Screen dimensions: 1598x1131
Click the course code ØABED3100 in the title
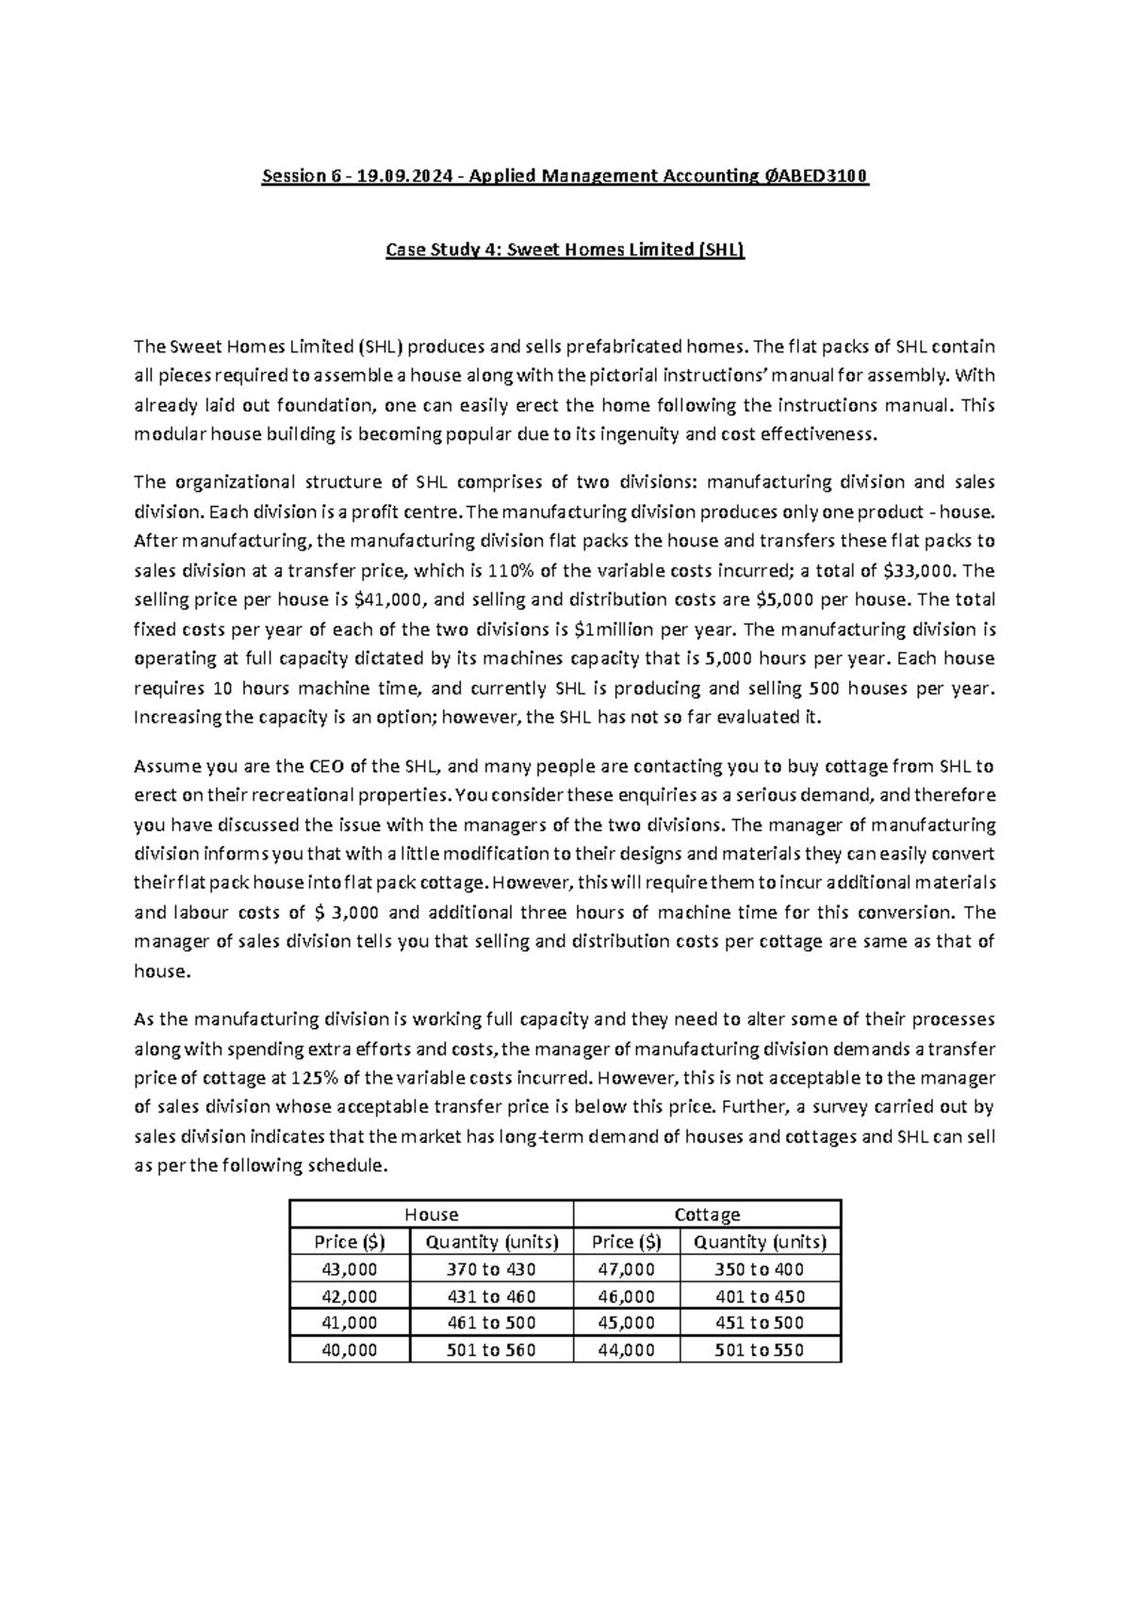pyautogui.click(x=817, y=176)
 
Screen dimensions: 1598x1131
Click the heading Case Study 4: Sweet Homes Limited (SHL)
pyautogui.click(x=565, y=251)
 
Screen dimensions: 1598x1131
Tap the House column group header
pyautogui.click(x=431, y=1215)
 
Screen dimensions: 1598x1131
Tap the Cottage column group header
pyautogui.click(x=707, y=1215)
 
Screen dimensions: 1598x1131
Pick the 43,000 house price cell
pyautogui.click(x=350, y=1269)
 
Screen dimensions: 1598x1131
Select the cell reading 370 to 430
pyautogui.click(x=491, y=1269)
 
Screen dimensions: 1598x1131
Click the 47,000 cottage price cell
pyautogui.click(x=626, y=1269)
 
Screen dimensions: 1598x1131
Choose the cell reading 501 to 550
pyautogui.click(x=759, y=1350)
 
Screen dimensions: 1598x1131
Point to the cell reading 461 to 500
pyautogui.click(x=491, y=1323)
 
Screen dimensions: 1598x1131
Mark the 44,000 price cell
pyautogui.click(x=626, y=1350)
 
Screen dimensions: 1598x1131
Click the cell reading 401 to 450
pyautogui.click(x=759, y=1296)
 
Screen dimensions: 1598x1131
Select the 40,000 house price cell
pyautogui.click(x=350, y=1350)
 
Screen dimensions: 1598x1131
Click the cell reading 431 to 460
pyautogui.click(x=491, y=1296)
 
